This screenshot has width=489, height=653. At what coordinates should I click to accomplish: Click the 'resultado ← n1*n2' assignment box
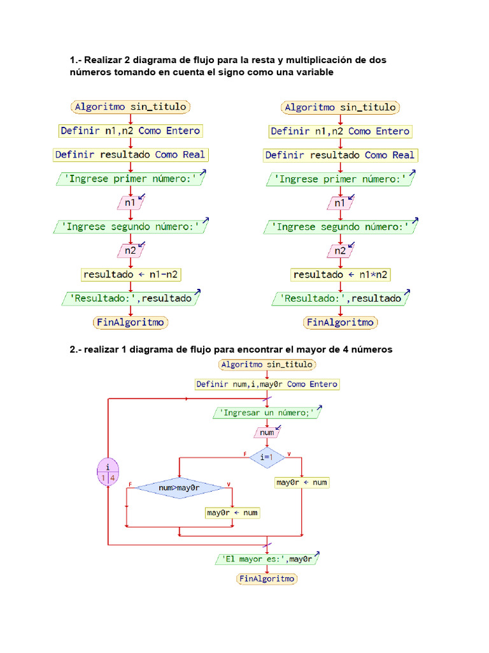pos(341,275)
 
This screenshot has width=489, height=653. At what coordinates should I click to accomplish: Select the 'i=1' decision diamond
pos(267,457)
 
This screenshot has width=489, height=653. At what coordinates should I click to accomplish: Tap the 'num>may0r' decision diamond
pos(180,488)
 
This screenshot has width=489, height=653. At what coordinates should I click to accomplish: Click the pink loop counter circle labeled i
pos(107,472)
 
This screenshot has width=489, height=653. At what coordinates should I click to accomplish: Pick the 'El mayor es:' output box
pos(266,559)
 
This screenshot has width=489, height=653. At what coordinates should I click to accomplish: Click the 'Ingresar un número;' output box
pos(267,413)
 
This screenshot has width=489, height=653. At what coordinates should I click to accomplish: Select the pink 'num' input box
pos(267,432)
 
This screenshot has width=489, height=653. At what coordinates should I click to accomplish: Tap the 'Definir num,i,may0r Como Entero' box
pos(267,385)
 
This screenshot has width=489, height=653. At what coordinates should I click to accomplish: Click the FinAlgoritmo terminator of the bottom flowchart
pos(267,579)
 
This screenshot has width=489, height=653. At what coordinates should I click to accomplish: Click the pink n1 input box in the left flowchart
pos(131,203)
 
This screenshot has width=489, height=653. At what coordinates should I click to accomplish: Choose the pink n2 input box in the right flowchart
pos(340,251)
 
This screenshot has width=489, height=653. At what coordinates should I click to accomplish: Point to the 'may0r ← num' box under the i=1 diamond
pos(302,482)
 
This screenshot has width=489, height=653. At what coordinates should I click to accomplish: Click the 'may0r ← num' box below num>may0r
pos(232,513)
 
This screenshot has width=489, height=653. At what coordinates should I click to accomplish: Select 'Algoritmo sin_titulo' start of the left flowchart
pos(131,107)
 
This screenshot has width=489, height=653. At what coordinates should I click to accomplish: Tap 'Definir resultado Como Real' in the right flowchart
pos(340,155)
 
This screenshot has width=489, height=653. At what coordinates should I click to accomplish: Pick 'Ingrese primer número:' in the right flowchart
pos(340,179)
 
